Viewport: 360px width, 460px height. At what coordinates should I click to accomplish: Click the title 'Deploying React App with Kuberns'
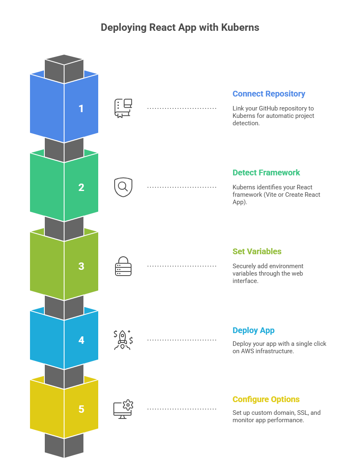[x=180, y=28]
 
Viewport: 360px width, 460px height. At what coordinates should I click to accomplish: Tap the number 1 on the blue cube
[x=81, y=108]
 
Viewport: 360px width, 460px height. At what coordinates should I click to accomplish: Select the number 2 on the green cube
[x=81, y=187]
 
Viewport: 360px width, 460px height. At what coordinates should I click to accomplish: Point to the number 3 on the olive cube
[x=81, y=266]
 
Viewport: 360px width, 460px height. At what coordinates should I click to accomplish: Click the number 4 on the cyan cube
[x=81, y=340]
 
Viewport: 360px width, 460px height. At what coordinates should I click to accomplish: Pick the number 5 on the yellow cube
[x=81, y=409]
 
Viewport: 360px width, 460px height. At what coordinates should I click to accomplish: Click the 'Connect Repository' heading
[x=269, y=94]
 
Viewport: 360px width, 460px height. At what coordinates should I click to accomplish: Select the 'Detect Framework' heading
[x=266, y=172]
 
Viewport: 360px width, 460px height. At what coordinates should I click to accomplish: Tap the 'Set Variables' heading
[x=257, y=251]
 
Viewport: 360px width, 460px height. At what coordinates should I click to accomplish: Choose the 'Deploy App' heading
[x=254, y=330]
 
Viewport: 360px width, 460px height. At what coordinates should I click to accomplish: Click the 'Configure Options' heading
[x=266, y=399]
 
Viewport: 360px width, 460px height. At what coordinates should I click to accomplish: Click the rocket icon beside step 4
[x=123, y=340]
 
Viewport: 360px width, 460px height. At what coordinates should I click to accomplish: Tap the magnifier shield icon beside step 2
[x=123, y=187]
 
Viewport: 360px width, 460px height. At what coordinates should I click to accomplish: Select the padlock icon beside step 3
[x=123, y=266]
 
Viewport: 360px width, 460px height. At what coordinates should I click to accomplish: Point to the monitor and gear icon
[x=123, y=409]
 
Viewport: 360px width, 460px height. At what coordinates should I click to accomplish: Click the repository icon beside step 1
[x=123, y=108]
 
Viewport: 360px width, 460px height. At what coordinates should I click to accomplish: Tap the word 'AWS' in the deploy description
[x=248, y=351]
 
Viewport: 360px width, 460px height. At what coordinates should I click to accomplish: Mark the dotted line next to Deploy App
[x=182, y=340]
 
